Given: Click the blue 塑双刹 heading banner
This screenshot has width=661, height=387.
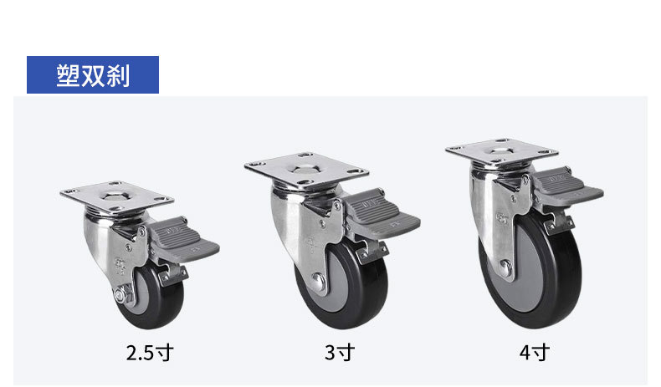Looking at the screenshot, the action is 93,74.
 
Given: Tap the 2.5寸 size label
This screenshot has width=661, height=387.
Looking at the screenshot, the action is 150,353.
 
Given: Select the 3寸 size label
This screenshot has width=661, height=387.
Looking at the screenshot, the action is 340,353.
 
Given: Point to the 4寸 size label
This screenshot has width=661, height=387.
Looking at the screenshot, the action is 535,353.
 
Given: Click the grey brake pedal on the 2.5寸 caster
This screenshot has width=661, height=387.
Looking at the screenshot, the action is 186,240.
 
